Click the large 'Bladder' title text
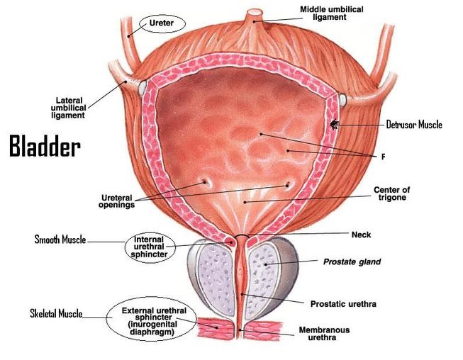point(44,147)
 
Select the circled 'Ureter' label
point(162,23)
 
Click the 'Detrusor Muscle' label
point(414,125)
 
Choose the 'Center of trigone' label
point(391,194)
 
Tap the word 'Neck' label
point(362,235)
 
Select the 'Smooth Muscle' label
point(60,240)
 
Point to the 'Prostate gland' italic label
point(352,262)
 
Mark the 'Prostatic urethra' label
point(343,304)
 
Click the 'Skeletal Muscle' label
point(56,313)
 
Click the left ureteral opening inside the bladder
point(208,182)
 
